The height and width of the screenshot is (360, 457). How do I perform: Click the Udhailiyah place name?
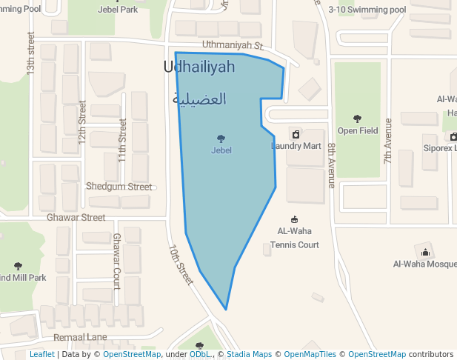[x=199, y=67]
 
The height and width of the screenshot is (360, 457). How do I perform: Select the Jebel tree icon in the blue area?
[x=221, y=139]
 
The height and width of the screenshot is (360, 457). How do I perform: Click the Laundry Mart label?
[x=296, y=146]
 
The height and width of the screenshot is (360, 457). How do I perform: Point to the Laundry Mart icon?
[x=296, y=134]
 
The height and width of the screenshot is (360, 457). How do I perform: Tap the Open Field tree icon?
[x=358, y=119]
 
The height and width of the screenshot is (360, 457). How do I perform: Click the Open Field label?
[x=358, y=131]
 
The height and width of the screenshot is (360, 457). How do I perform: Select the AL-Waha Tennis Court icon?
[x=295, y=219]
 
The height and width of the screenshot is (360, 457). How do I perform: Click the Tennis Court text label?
[x=295, y=244]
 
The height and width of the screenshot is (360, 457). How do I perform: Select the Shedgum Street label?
[x=119, y=187]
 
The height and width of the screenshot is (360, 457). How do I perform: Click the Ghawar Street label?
[x=76, y=218]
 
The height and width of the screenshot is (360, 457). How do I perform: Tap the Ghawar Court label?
[x=117, y=261]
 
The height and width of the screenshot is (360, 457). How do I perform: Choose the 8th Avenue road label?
[x=331, y=165]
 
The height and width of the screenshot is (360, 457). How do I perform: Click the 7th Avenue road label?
[x=387, y=141]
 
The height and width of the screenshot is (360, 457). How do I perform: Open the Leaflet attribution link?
[x=42, y=355]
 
